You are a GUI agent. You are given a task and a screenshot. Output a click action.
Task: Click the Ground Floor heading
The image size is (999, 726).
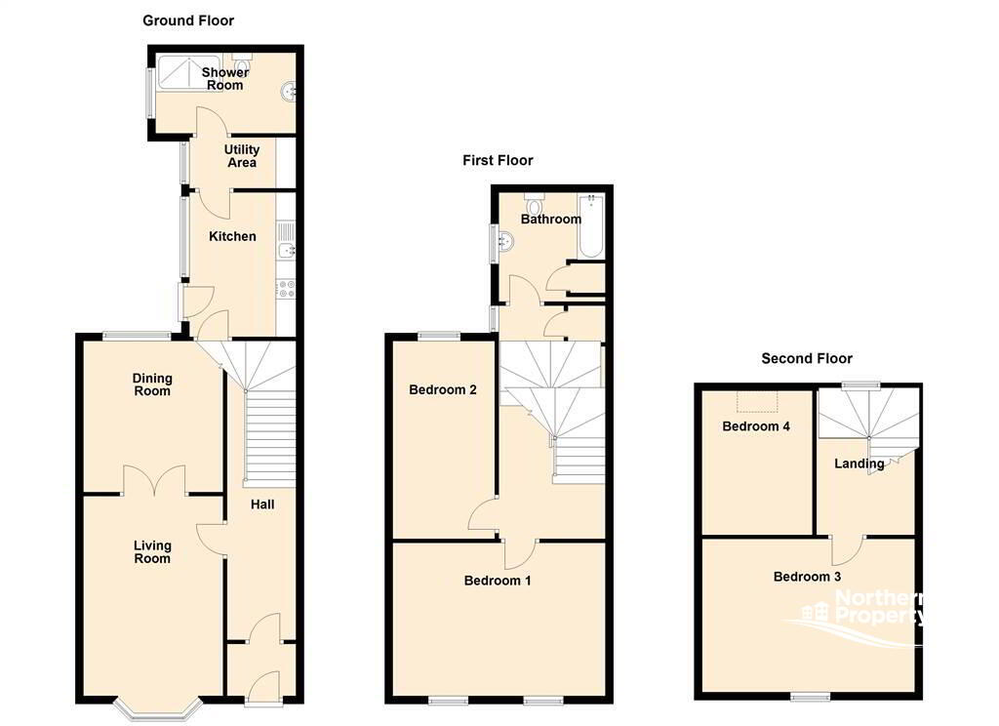coord(188,20)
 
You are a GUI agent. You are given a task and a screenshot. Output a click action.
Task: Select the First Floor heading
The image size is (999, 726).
coord(498,160)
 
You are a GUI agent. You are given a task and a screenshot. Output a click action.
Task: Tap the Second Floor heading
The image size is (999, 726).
coord(807,358)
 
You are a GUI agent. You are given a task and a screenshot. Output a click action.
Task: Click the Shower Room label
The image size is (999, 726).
coord(225,78)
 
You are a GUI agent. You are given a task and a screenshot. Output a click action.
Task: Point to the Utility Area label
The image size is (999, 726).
coord(242,156)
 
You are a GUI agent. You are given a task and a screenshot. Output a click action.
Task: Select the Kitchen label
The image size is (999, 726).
coord(233,236)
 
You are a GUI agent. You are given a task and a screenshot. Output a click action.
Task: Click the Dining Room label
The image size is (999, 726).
coord(152,384)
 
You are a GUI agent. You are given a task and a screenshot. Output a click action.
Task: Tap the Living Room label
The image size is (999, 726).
coord(152,552)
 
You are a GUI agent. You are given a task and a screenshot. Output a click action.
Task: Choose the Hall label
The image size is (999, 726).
coord(261,504)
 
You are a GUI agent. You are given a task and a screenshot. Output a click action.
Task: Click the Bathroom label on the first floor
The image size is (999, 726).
coord(550,220)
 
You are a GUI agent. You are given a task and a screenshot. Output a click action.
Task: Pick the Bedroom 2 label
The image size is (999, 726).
coord(443,390)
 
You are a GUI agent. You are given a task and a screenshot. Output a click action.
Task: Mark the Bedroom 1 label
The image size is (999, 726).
coord(498,581)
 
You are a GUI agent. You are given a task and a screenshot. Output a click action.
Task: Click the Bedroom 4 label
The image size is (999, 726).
coord(756,426)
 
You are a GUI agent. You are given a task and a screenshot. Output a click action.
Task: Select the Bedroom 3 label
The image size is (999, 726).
coord(807,577)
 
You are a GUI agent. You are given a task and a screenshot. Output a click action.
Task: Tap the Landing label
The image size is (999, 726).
coord(859,464)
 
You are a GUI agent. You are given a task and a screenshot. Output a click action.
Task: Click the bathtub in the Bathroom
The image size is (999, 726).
coord(591,226)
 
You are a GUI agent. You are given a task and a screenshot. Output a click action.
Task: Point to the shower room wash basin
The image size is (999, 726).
coord(289,94)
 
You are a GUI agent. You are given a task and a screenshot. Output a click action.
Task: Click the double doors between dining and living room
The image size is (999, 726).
coord(154,479)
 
